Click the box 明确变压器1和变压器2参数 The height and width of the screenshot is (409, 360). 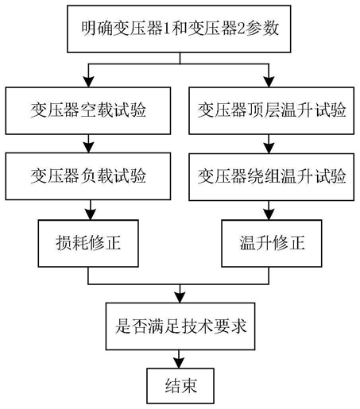179,29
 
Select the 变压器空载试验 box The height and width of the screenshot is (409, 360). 88,110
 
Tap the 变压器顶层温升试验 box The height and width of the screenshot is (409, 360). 272,110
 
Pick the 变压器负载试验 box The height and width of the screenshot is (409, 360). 88,176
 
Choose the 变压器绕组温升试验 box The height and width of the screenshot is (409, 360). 272,177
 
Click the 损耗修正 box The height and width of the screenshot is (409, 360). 88,243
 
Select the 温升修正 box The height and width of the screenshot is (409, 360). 272,243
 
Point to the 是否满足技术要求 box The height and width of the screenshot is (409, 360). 180,326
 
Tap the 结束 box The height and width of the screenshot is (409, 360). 180,386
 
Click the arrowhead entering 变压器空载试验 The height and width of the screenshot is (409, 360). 88,82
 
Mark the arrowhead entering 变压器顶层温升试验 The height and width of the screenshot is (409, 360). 269,82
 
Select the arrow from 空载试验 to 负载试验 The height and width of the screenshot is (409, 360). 88,144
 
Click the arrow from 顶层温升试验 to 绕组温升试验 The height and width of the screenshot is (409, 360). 269,144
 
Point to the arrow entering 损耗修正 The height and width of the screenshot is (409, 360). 91,210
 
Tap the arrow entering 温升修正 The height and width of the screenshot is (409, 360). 269,210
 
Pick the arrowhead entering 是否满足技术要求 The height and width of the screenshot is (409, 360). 180,298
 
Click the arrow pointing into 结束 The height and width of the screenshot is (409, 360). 179,359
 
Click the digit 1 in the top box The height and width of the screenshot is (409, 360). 167,29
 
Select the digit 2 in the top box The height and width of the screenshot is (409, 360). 241,29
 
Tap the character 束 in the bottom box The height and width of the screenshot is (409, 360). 189,386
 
